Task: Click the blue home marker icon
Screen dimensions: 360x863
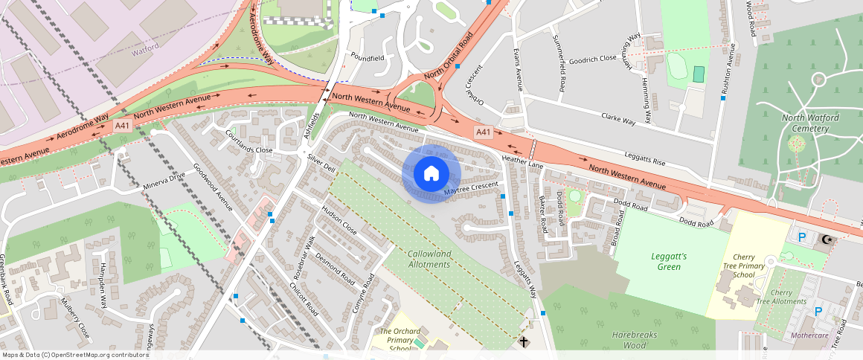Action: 431,173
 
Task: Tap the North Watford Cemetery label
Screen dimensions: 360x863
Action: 805,123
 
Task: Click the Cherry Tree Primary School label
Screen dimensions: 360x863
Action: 743,266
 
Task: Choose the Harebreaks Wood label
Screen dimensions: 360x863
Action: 635,340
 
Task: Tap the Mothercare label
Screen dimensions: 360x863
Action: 809,335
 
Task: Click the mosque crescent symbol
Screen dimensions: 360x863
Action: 827,240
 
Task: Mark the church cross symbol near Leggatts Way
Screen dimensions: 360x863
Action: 524,341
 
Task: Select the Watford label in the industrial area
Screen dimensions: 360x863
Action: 145,46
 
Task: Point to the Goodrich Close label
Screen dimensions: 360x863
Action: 592,57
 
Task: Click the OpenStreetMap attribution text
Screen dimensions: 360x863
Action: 74,355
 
